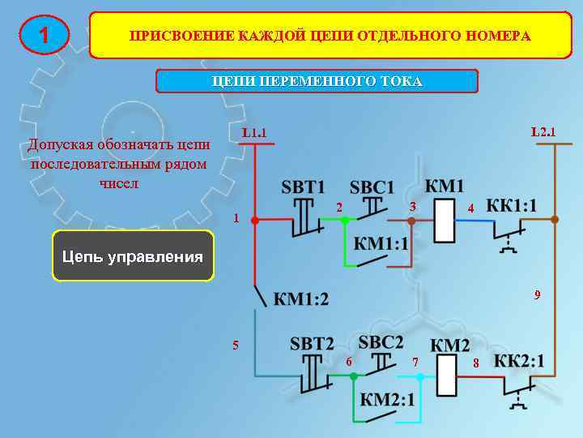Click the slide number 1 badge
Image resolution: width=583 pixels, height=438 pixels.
coord(44,35)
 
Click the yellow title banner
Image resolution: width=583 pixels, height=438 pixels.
coord(330,36)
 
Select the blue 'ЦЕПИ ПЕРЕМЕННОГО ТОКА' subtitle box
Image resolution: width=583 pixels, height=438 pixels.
coord(317,82)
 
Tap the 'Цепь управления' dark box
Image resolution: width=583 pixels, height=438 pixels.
coord(133,256)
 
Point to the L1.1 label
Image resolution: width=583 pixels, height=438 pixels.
coord(254,132)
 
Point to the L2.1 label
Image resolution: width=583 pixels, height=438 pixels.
coord(543,131)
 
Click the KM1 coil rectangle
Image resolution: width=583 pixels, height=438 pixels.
coord(445,220)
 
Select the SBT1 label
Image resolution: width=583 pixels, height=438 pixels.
coord(303,187)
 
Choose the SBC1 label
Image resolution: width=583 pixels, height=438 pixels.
coord(372,187)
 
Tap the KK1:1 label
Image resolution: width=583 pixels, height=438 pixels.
coord(511,205)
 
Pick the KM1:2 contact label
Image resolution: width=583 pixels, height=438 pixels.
coord(301,299)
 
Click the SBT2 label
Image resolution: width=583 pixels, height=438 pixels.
coord(312,343)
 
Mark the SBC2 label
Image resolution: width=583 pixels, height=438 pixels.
coord(380,341)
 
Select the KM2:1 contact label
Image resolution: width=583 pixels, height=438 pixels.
coord(387,399)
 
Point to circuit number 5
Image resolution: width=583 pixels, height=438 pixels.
coord(236,345)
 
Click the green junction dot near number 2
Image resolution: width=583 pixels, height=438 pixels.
coord(343,219)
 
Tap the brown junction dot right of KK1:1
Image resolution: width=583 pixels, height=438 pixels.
coord(554,219)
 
